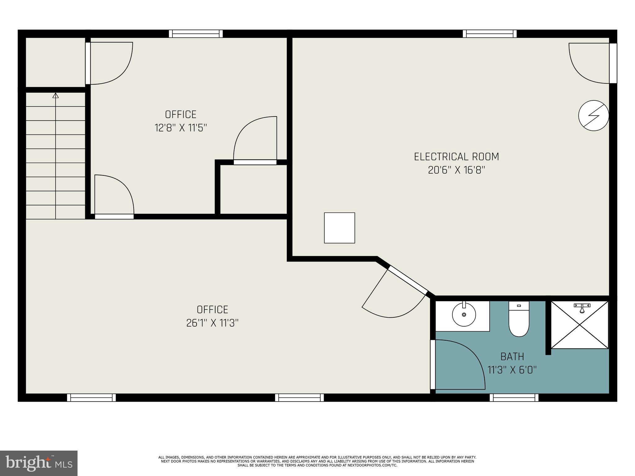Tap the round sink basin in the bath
(464, 315)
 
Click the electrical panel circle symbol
(593, 115)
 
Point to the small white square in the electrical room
(339, 228)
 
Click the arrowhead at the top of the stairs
(56, 95)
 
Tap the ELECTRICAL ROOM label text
(456, 157)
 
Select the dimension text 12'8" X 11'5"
(181, 128)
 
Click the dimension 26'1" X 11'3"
(212, 323)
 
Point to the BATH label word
(512, 357)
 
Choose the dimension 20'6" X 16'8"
(456, 170)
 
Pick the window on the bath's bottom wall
(514, 398)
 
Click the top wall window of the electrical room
(490, 34)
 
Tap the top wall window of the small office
(196, 34)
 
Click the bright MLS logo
(39, 463)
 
